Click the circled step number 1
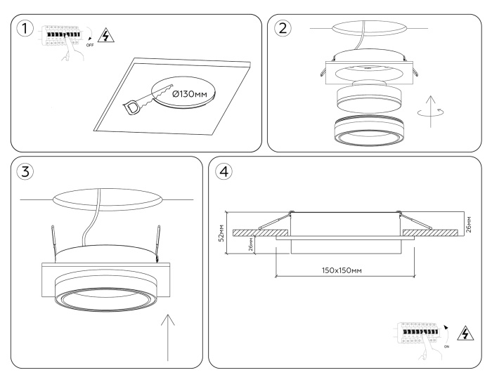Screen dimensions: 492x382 [25, 29]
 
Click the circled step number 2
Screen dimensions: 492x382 [283, 29]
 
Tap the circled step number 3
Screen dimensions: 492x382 [25, 171]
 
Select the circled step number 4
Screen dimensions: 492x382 [224, 171]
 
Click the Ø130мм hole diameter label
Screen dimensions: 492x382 [190, 93]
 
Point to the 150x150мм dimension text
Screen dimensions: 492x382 [342, 270]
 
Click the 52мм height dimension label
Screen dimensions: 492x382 [221, 233]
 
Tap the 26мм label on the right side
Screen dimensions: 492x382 [469, 225]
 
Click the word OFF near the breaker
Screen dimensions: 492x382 [90, 45]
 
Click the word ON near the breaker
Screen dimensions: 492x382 [447, 347]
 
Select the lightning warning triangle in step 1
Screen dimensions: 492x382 [106, 35]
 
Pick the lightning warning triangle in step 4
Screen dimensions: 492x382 [465, 333]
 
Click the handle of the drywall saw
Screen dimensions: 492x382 [133, 107]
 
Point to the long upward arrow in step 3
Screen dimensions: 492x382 [168, 338]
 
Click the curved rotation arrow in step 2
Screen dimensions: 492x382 [431, 112]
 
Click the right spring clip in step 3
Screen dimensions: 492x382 [158, 242]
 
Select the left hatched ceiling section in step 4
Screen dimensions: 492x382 [261, 233]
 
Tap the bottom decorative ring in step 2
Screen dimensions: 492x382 [369, 131]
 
